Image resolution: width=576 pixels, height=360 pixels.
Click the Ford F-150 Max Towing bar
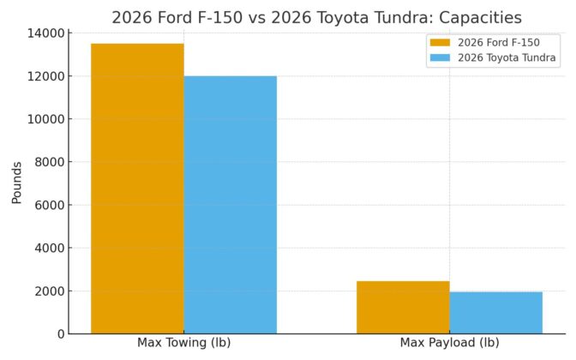[x=137, y=189]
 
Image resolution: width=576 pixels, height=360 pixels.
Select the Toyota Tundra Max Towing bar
[x=230, y=205]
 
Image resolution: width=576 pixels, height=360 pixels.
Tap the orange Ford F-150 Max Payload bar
[x=403, y=307]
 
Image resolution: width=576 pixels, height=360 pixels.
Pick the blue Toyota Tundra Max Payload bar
[x=495, y=312]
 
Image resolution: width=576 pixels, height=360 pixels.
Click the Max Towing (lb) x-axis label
[x=183, y=343]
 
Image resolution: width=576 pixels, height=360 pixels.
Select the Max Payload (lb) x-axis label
[x=449, y=343]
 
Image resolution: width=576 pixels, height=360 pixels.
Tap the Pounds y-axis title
[x=17, y=183]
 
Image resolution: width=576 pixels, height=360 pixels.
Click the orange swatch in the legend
[x=440, y=43]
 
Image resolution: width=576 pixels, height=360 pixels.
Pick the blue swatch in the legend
[x=440, y=58]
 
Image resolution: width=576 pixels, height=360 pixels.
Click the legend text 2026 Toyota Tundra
[x=507, y=58]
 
